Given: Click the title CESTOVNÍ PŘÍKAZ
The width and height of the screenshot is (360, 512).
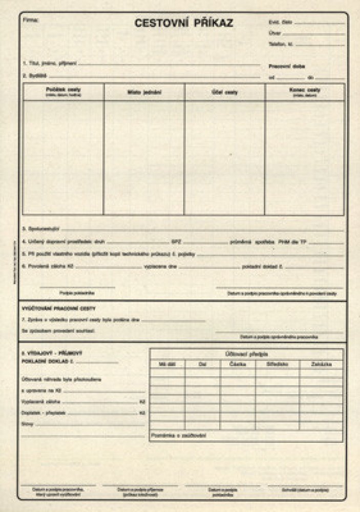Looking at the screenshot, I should (184, 23).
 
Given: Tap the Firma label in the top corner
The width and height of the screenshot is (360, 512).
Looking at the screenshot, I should (31, 20).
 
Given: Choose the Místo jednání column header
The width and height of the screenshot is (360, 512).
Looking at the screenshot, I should (144, 92).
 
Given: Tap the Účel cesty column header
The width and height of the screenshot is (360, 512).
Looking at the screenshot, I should (225, 92).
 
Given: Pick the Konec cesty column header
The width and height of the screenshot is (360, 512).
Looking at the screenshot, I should (305, 91).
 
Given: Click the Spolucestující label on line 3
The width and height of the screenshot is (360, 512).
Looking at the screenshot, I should (40, 228).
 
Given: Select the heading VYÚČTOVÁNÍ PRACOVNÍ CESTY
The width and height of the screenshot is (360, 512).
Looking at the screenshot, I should (59, 308).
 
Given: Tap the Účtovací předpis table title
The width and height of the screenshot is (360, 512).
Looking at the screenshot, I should (246, 354).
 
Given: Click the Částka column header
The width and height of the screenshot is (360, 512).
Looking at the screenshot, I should (238, 364).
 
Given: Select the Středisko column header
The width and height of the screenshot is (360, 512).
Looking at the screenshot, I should (277, 364).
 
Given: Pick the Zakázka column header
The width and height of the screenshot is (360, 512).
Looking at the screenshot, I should (321, 364).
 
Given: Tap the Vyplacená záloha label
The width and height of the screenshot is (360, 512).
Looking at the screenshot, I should (37, 402).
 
